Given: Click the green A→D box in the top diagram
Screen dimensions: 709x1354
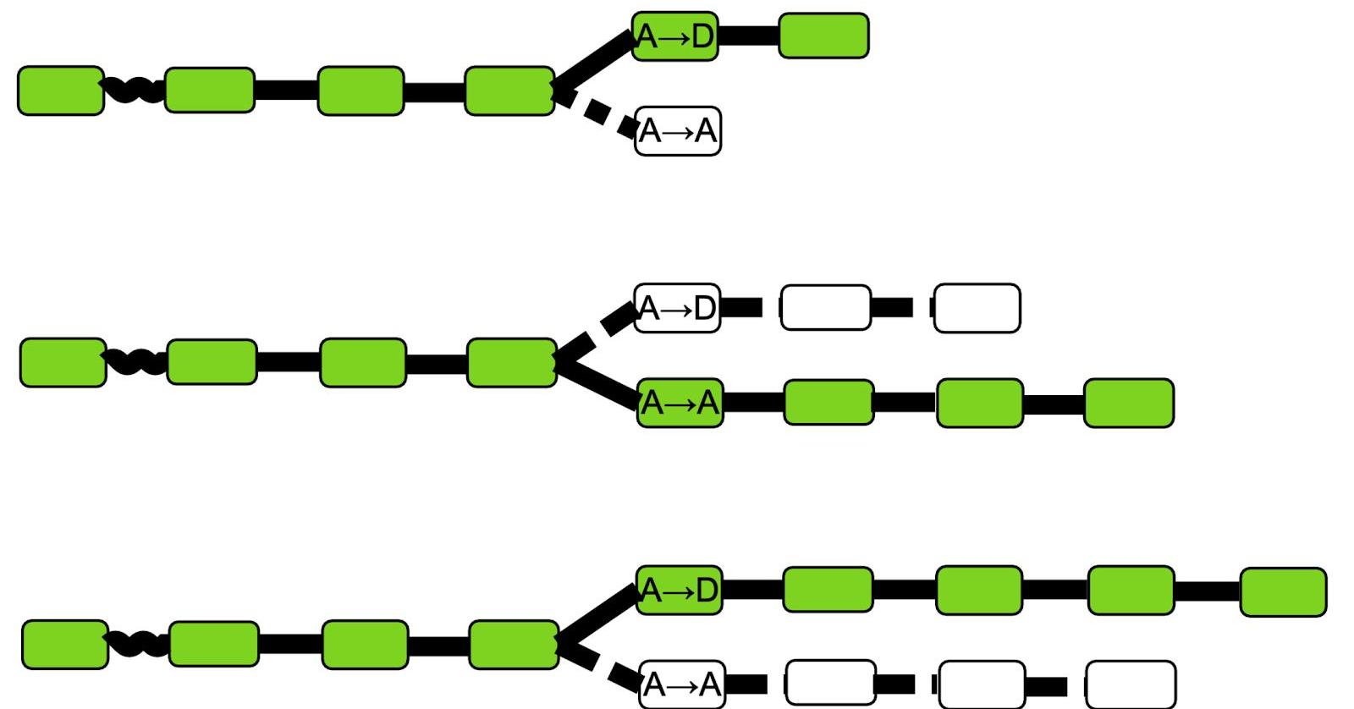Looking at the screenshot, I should point(674,36).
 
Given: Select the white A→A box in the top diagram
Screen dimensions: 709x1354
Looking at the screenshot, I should point(677,131).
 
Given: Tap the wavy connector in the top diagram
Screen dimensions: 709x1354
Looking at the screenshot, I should point(134,90).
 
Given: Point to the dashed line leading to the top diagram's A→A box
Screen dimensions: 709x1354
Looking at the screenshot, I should point(597,111).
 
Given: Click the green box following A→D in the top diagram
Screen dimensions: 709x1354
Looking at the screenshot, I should point(823,36).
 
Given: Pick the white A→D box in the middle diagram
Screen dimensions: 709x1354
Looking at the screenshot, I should point(676,308).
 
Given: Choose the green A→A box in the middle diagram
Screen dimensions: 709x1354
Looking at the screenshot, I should point(680,403).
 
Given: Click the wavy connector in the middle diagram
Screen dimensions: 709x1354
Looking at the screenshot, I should point(136,362).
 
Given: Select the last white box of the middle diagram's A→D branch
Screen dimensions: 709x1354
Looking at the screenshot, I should point(977,308).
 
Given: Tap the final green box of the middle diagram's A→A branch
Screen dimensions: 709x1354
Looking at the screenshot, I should point(1128,403).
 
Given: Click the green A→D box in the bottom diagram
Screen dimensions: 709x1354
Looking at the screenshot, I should point(679,590).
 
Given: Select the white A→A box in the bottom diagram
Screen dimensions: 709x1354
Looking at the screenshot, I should point(681,684).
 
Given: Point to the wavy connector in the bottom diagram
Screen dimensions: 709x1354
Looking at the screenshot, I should point(138,643).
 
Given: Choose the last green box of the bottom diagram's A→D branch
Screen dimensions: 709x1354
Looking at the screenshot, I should point(1282,591).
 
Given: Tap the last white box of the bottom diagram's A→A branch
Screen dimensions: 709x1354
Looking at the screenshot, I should point(1130,684).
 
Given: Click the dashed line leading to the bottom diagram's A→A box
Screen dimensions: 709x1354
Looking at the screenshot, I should point(599,664).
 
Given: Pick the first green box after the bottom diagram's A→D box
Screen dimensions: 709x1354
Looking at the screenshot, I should point(827,590).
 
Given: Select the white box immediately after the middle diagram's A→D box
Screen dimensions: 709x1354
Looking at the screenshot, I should point(825,308).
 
